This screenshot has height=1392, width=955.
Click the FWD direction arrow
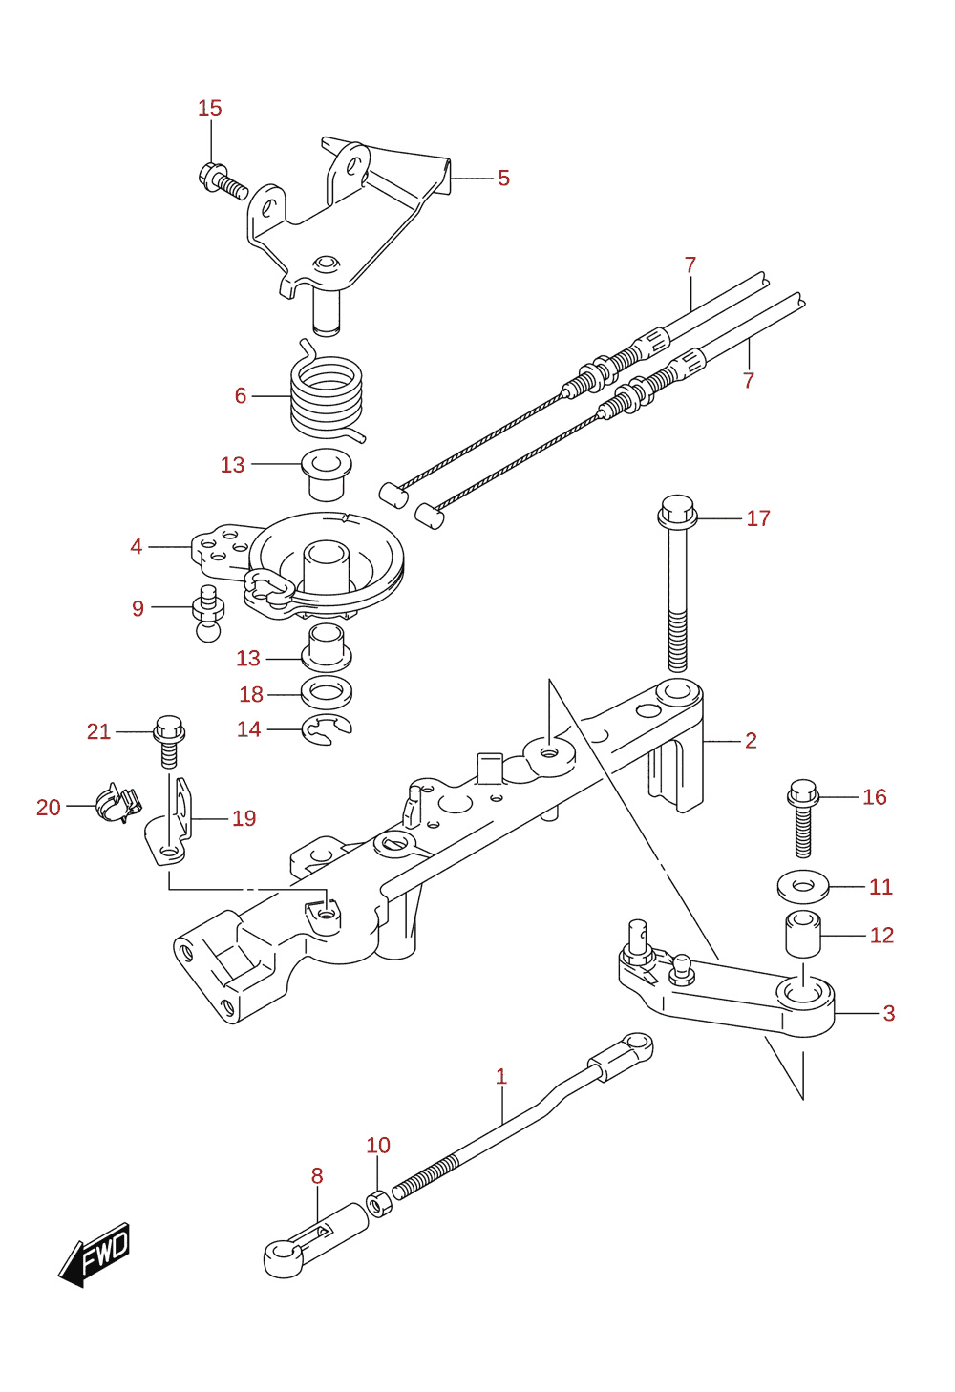[x=95, y=1255]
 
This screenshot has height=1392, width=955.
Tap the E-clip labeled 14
[x=327, y=729]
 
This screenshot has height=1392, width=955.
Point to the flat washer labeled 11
[x=803, y=886]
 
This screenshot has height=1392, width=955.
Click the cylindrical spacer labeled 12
[x=803, y=934]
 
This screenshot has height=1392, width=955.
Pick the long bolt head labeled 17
[x=678, y=512]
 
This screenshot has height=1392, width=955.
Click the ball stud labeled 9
[x=207, y=613]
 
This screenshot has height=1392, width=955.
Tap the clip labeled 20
[x=118, y=802]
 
